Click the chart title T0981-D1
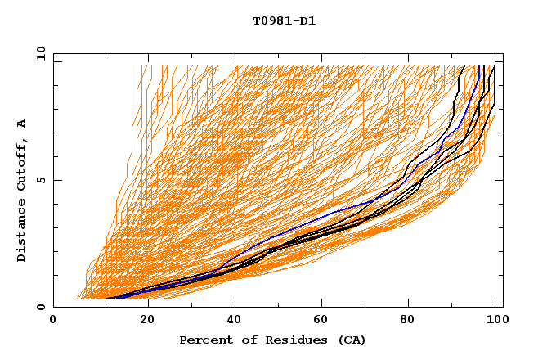(x=284, y=21)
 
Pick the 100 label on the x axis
(x=495, y=320)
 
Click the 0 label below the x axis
(x=54, y=320)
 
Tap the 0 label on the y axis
(x=40, y=308)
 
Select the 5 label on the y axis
(x=40, y=180)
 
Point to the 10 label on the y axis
(x=38, y=53)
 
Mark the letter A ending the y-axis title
(x=21, y=124)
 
